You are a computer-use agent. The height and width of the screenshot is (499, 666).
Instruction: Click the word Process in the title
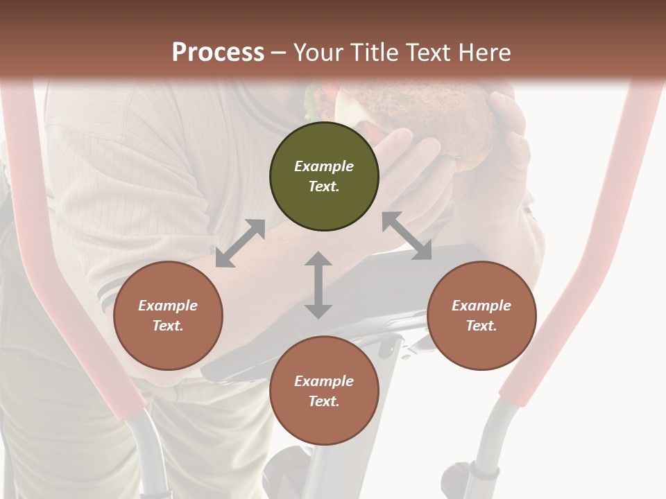tap(218, 53)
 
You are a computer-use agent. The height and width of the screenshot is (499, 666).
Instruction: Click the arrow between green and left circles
tap(240, 243)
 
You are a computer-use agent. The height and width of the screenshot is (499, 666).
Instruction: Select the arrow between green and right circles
tap(407, 236)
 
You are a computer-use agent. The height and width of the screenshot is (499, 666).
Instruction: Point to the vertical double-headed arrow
tap(318, 285)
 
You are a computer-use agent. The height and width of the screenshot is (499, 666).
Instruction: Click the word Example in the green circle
tap(324, 166)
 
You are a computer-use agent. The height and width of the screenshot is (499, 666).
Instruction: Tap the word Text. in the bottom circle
tap(324, 401)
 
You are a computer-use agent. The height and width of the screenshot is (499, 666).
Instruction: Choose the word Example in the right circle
tap(481, 306)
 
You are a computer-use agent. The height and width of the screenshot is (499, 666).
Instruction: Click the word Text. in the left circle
tap(168, 326)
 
